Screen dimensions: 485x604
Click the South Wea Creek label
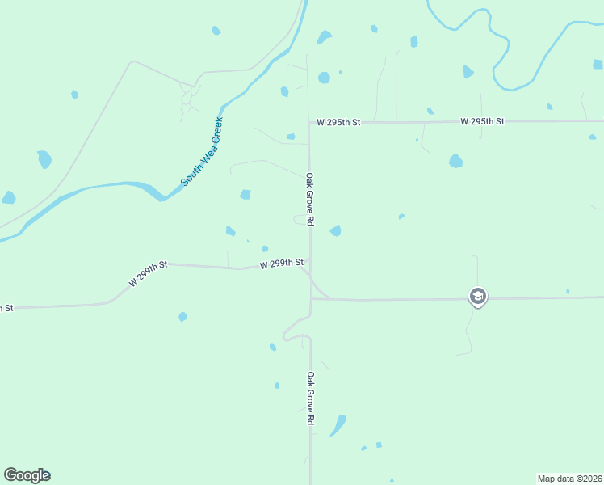coord(202,152)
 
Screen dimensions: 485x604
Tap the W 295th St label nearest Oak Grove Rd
coord(338,122)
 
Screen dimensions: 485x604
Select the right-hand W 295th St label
coord(482,121)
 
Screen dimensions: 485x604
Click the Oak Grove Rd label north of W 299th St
coord(309,199)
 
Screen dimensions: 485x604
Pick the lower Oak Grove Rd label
coord(309,399)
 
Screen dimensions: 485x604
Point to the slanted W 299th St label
coord(147,274)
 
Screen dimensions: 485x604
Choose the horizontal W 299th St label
coord(281,264)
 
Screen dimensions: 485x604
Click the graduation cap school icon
coord(477,297)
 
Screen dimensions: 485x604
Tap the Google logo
coord(27,475)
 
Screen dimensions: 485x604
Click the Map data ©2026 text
coord(569,479)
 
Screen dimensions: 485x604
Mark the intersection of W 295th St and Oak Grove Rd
coord(308,123)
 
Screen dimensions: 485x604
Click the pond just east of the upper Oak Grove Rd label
coord(335,231)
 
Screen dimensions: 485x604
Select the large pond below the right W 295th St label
coord(455,161)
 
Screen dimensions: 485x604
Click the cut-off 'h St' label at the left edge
coord(6,308)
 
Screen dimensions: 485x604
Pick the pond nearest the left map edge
coord(9,197)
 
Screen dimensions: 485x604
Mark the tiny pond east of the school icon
coord(568,291)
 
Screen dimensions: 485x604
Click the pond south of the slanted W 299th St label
coord(182,317)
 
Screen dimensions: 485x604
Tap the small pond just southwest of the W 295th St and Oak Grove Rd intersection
coord(291,137)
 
